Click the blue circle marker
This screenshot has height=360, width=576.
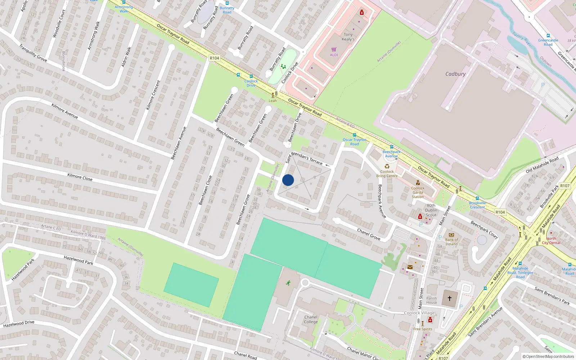288,180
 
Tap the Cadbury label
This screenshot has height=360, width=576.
455,74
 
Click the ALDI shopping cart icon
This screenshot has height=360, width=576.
334,50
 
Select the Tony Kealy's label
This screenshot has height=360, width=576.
348,37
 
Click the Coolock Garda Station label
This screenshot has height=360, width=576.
418,192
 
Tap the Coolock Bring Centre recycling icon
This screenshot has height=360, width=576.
387,166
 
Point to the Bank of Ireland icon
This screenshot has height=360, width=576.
451,235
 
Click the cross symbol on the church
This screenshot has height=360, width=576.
450,298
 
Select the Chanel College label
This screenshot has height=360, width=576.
311,319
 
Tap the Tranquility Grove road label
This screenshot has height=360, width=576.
33,53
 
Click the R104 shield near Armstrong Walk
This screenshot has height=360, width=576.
214,58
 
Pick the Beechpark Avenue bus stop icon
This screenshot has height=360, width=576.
391,147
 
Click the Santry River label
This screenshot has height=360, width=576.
522,39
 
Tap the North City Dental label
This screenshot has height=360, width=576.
551,240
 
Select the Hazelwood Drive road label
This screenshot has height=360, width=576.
19,324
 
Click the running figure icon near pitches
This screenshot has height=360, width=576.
288,283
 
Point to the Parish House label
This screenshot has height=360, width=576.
432,300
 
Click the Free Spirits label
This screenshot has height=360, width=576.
423,329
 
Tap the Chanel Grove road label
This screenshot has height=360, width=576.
369,234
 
